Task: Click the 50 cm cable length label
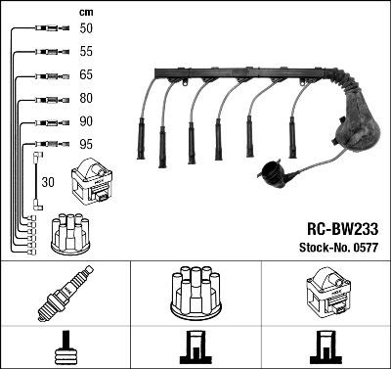87,30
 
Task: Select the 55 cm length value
87,50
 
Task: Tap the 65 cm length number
87,74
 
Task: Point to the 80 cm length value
87,98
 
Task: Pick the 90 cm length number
87,121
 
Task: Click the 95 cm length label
87,144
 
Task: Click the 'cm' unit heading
85,11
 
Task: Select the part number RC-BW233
337,226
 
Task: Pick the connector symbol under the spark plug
65,348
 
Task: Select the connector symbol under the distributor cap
195,348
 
